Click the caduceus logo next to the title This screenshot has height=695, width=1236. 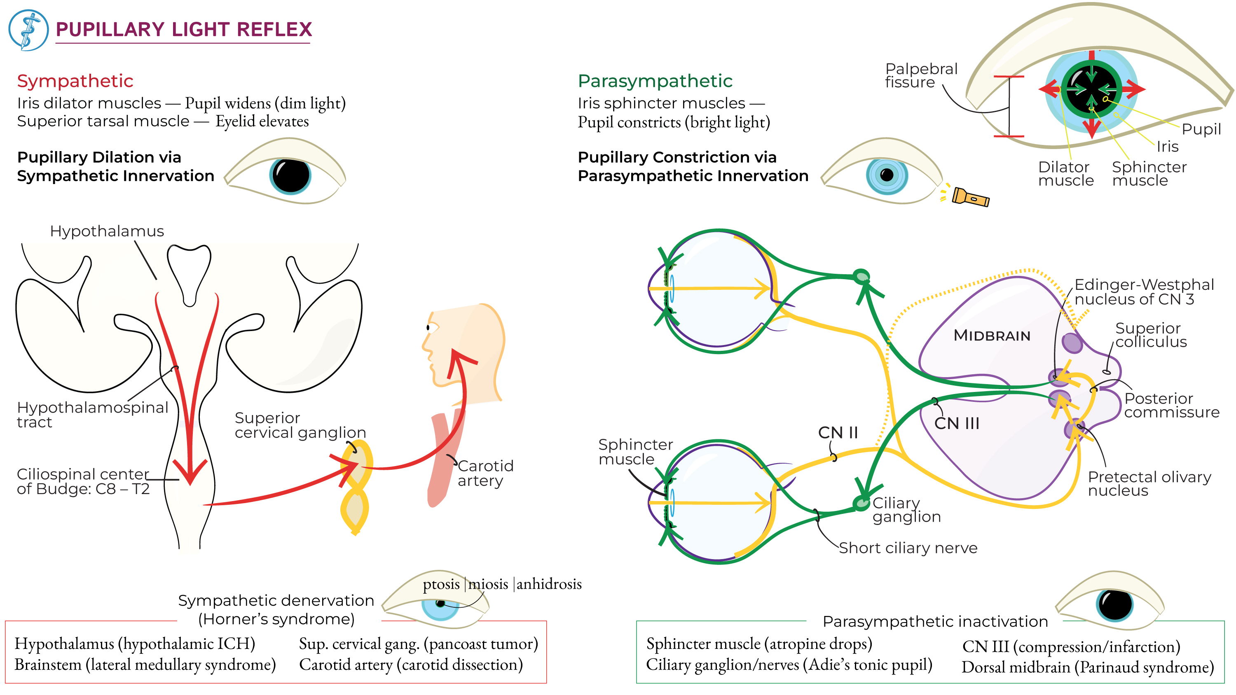tap(28, 30)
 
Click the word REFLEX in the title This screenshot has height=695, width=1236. tap(274, 30)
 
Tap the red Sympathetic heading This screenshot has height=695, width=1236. tap(75, 81)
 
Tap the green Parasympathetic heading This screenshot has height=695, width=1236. tap(655, 81)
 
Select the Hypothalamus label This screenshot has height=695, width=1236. tap(107, 231)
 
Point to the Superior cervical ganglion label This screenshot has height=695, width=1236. tap(300, 425)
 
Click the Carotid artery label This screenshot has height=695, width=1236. tap(485, 473)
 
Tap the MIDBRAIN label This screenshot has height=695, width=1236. tap(991, 335)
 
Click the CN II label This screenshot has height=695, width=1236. tap(837, 433)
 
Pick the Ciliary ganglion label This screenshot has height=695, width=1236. tap(906, 509)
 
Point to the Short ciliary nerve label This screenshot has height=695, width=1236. tap(907, 548)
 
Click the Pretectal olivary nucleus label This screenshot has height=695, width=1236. tap(1149, 483)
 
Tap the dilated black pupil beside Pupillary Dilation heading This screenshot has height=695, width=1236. tap(291, 175)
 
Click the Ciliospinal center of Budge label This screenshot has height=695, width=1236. tap(82, 481)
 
